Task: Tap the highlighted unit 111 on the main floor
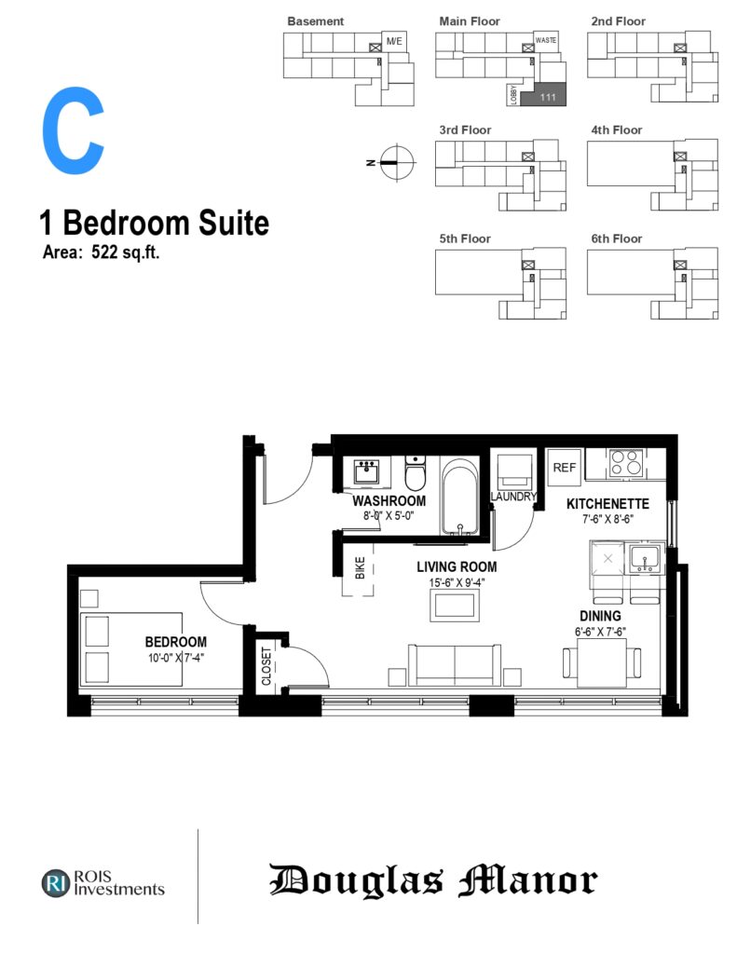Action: point(543,94)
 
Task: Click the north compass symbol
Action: point(397,162)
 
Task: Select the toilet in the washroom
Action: point(416,472)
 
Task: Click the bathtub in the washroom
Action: point(459,497)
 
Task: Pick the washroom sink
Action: point(366,471)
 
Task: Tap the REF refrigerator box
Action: point(564,468)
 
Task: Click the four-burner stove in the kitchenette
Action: point(625,462)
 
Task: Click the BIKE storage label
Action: point(361,567)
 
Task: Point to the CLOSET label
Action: point(266,665)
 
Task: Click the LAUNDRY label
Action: point(514,497)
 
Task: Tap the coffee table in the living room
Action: point(454,606)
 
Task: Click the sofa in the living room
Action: point(455,665)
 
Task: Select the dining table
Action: point(601,663)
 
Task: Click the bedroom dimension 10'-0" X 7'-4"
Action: point(176,658)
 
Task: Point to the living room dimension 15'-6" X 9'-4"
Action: point(457,582)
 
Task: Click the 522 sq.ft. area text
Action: point(126,252)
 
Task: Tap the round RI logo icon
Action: point(56,883)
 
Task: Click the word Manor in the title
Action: point(528,880)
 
